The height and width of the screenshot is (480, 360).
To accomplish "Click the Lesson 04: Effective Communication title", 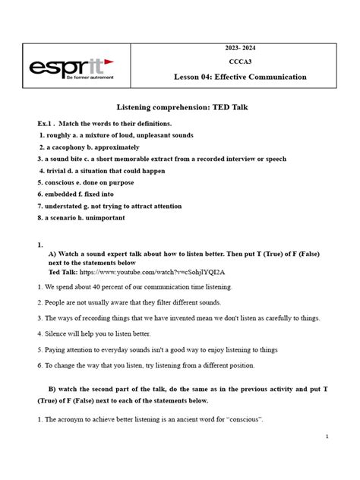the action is (x=240, y=77).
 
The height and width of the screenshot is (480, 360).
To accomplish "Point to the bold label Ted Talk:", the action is (x=62, y=271).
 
